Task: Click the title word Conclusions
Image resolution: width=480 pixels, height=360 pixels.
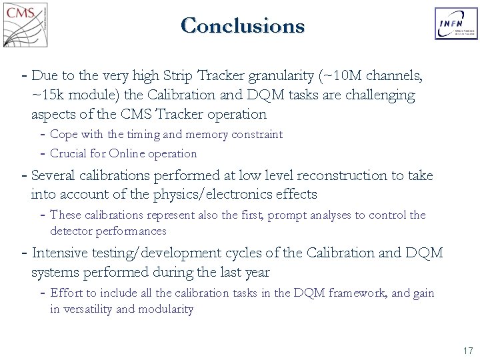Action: [x=242, y=26]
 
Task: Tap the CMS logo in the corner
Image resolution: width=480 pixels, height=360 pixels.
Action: [x=25, y=25]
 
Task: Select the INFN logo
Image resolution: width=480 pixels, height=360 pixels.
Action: [x=456, y=24]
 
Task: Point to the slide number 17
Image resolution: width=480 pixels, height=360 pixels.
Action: [x=467, y=351]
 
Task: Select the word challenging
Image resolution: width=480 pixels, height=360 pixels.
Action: [x=377, y=95]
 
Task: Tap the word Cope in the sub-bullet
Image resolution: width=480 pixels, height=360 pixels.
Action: [x=64, y=135]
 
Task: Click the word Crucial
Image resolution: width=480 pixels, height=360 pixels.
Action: [x=69, y=154]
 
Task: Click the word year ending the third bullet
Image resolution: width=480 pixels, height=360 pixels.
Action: [x=255, y=272]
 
